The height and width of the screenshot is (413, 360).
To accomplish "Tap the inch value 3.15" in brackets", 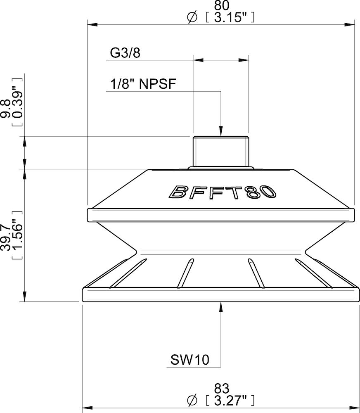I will [229, 17].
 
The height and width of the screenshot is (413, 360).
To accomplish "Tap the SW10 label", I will [190, 360].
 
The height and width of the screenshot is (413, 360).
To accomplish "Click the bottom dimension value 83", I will [222, 388].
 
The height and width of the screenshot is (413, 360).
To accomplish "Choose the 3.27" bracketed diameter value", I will [229, 400].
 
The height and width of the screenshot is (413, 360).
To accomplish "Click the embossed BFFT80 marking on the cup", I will [222, 191].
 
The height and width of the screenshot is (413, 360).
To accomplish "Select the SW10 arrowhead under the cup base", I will [221, 307].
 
